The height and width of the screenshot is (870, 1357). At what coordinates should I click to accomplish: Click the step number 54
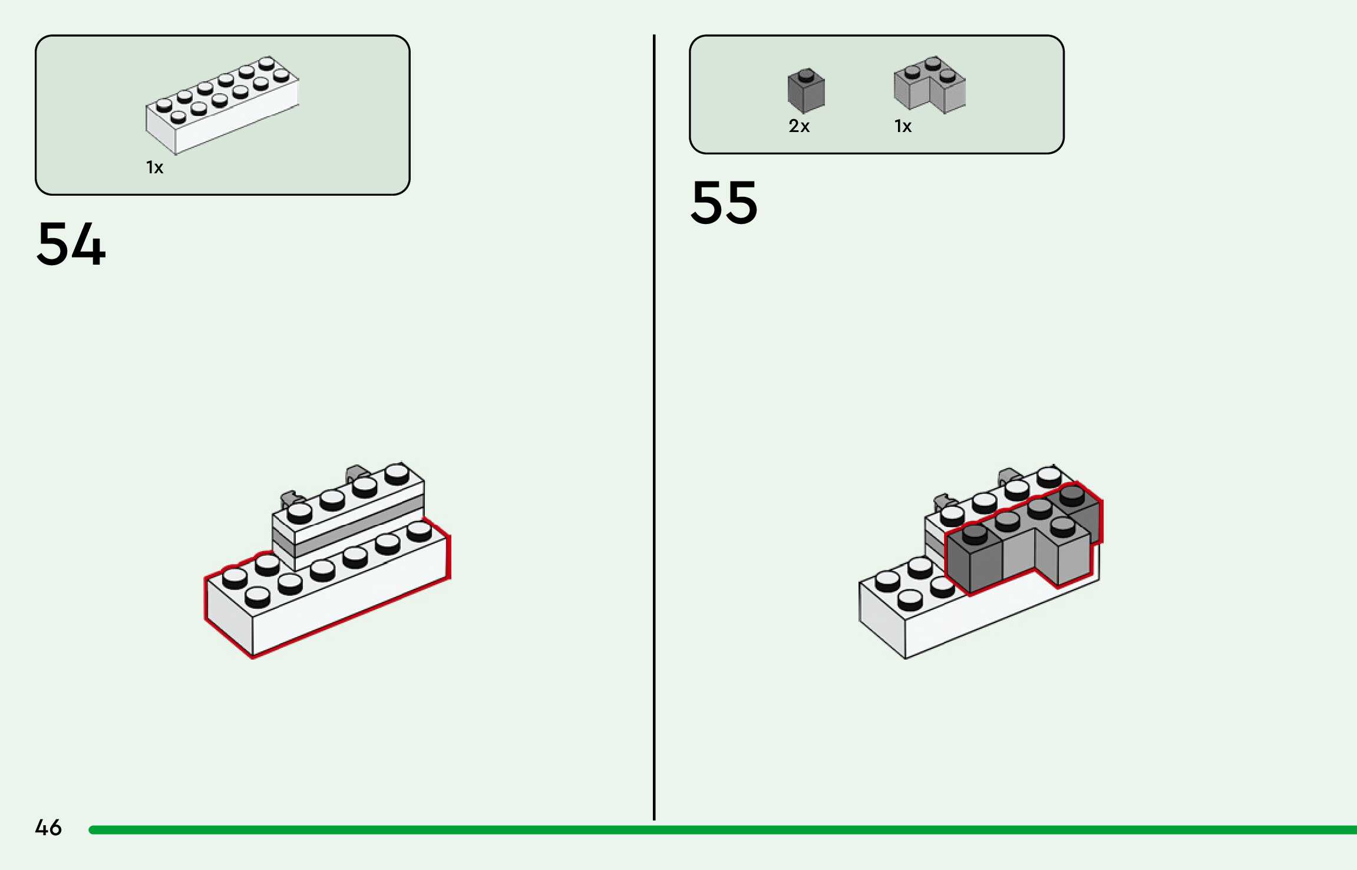(x=71, y=243)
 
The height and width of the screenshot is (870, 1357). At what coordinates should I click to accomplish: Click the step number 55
(x=724, y=203)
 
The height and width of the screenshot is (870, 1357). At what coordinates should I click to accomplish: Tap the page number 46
(x=48, y=828)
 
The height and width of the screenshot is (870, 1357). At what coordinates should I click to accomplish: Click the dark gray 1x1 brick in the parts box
(x=805, y=93)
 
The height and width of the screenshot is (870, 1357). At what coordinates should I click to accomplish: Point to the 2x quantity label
(x=799, y=126)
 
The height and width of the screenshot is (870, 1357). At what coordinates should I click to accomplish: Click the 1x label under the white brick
(x=154, y=168)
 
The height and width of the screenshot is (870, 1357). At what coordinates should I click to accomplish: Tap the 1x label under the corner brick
(x=903, y=126)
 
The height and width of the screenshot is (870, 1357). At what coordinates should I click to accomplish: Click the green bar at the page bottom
(x=707, y=830)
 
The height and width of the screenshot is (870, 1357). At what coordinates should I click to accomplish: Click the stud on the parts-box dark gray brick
(x=805, y=75)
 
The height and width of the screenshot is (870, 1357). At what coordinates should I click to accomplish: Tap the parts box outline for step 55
(x=877, y=36)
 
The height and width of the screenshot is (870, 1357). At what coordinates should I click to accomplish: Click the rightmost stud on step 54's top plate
(x=397, y=473)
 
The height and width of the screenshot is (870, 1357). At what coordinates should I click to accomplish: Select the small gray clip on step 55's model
(x=1009, y=476)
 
